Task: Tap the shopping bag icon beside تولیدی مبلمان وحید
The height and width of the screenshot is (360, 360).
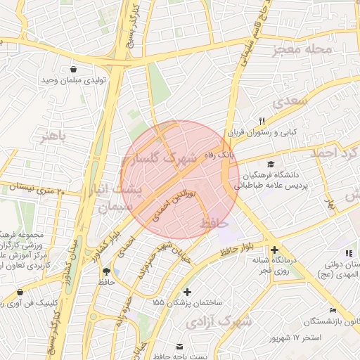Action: pyautogui.click(x=74, y=69)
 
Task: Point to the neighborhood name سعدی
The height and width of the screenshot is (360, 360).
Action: pyautogui.click(x=293, y=101)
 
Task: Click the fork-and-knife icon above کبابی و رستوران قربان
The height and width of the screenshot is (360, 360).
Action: pyautogui.click(x=262, y=121)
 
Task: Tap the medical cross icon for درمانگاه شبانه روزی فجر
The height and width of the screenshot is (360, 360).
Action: pyautogui.click(x=274, y=250)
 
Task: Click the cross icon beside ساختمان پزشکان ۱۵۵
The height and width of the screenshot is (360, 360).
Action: pyautogui.click(x=187, y=291)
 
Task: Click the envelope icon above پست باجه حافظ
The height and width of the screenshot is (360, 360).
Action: pyautogui.click(x=180, y=346)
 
